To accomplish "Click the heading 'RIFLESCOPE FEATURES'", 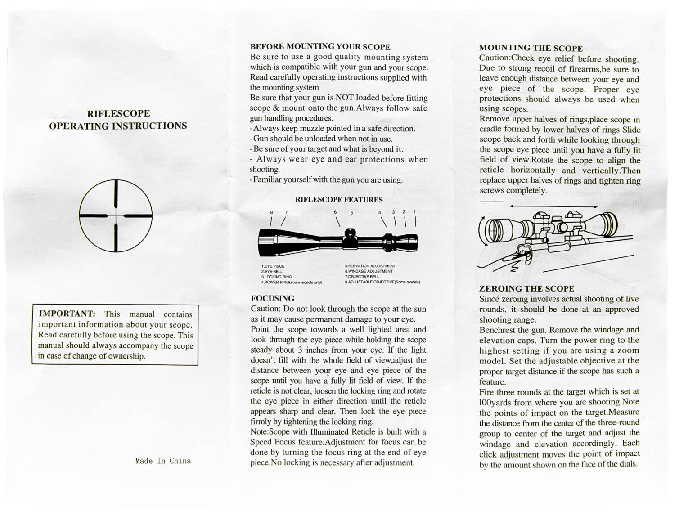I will click(x=338, y=200).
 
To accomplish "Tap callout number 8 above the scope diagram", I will click(x=272, y=212).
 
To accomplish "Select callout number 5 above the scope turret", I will click(x=351, y=213).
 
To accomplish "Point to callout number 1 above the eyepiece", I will click(x=414, y=211).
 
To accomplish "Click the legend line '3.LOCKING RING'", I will click(x=277, y=277).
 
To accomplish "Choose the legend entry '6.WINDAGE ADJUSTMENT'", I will click(x=369, y=271).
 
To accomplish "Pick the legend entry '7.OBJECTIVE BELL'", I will click(x=362, y=277).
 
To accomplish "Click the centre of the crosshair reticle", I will click(x=116, y=216).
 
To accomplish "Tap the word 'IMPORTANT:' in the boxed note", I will click(x=67, y=314).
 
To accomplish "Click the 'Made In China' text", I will click(x=163, y=461).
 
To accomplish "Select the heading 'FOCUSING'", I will click(x=272, y=298).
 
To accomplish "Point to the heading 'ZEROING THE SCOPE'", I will click(x=526, y=288).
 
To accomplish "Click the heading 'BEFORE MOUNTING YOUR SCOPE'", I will click(x=320, y=46).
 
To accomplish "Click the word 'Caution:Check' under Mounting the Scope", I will click(x=507, y=58).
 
